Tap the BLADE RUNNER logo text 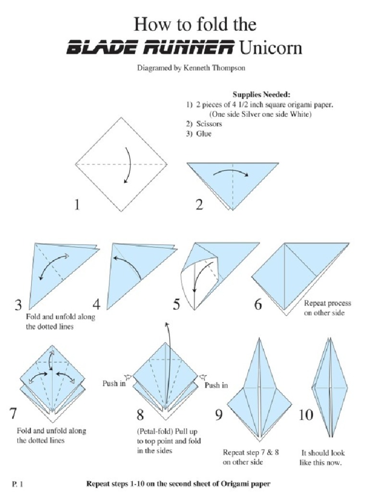point(150,49)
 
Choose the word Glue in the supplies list point(203,134)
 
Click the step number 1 point(76,205)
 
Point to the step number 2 point(199,205)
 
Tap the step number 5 point(176,304)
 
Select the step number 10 point(306,414)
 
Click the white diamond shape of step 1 point(121,164)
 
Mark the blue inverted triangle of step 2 point(233,183)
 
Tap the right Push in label point(216,385)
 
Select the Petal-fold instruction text point(169,441)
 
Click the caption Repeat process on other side point(327,308)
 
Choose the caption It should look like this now point(323,458)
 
